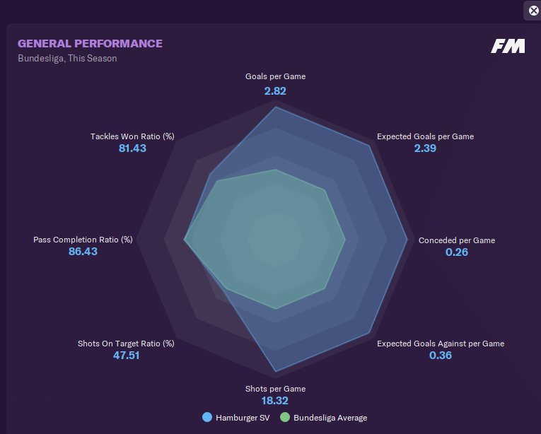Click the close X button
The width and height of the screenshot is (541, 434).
[x=533, y=10]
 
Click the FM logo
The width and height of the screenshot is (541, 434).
[x=508, y=46]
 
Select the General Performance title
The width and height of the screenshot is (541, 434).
[x=90, y=44]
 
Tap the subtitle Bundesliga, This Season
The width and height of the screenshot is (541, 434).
[x=67, y=59]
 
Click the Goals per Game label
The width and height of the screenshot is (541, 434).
[x=275, y=76]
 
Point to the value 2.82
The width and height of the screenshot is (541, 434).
[x=275, y=90]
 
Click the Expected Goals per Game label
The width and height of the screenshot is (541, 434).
[x=425, y=136]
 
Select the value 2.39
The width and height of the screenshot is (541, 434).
[x=425, y=148]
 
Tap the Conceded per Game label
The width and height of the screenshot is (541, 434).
[x=457, y=240]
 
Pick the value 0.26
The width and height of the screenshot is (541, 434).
[x=457, y=252]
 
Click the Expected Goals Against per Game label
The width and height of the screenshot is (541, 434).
[x=440, y=344]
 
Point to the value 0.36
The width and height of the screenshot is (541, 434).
[x=440, y=356]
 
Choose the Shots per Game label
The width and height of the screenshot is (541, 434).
[x=275, y=389]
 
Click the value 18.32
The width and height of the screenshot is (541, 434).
[x=275, y=401]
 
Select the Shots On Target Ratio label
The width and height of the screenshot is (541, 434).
[x=126, y=344]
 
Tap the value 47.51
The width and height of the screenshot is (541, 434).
[x=126, y=356]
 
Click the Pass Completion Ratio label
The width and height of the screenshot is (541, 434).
[x=83, y=240]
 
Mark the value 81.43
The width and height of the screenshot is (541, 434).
[x=132, y=148]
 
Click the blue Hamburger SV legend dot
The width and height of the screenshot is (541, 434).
[x=207, y=418]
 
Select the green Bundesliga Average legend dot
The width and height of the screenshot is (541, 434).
[x=285, y=418]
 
